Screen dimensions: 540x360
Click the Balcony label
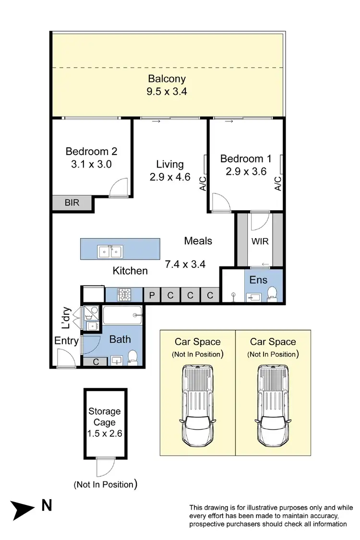167,79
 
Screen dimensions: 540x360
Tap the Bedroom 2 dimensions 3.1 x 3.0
91,164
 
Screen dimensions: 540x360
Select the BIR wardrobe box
72,203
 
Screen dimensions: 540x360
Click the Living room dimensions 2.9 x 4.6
170,177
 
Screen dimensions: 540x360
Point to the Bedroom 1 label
242,158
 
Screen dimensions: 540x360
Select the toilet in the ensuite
272,292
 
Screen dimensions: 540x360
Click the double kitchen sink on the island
110,251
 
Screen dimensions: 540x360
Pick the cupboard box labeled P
152,295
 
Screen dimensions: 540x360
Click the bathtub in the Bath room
122,315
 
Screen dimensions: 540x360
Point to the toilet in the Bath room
134,356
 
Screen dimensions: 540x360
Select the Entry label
66,341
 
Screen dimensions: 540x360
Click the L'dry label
66,318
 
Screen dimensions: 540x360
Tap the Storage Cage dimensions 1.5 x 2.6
105,434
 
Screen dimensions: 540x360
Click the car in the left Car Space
197,406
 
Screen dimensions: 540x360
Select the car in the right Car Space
273,406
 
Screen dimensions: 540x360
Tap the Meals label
198,240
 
